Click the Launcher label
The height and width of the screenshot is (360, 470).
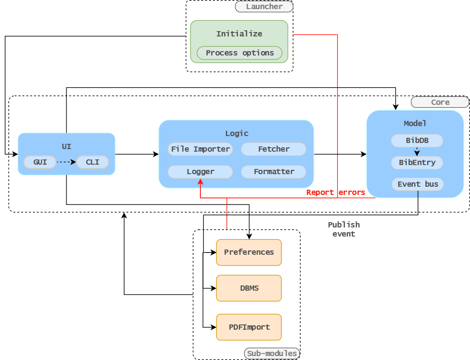[x=264, y=6]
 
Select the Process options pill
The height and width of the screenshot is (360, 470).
[x=239, y=53]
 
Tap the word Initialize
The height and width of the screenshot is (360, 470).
[x=239, y=34]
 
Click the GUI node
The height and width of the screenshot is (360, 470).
[x=40, y=162]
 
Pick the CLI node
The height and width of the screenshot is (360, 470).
[x=93, y=162]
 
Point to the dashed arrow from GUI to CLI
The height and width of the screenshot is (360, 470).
[x=66, y=162]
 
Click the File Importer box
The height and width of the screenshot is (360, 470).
[x=200, y=149]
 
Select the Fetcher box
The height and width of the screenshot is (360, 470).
[x=274, y=149]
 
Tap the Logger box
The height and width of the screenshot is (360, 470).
[x=200, y=172]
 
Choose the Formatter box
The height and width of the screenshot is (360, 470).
[x=274, y=172]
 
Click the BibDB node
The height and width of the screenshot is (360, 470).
[x=417, y=140]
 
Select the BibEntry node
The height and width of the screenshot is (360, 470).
[x=417, y=163]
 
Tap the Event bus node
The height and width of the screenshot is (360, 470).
[x=418, y=184]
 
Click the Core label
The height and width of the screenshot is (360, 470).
[x=440, y=102]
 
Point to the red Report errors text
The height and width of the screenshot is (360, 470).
[x=335, y=192]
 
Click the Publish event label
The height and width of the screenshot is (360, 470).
[x=344, y=229]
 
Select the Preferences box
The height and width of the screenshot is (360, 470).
[x=249, y=252]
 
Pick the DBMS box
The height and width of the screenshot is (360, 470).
[x=249, y=288]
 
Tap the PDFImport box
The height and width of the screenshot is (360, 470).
[x=249, y=327]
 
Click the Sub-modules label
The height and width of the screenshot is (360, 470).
[x=272, y=354]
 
